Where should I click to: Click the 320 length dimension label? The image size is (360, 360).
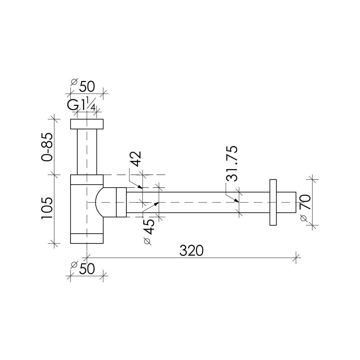[x=191, y=251]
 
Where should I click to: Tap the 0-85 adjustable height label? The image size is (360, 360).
[x=47, y=147]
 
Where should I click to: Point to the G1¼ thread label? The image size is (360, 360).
[x=81, y=104]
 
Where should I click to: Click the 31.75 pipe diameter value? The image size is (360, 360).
[x=231, y=163]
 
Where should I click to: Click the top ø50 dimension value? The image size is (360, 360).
[x=83, y=86]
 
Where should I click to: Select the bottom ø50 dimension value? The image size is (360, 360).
[x=83, y=269]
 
